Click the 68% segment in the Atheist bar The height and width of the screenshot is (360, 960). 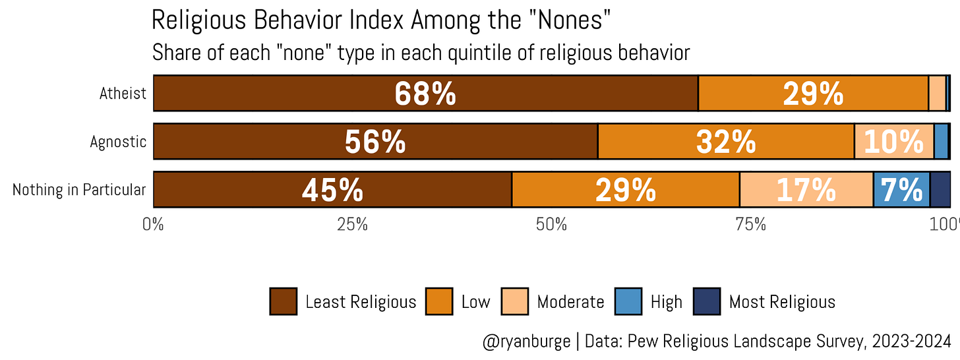pos(425,93)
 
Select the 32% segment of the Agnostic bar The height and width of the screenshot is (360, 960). pos(726,141)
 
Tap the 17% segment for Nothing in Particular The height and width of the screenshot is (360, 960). pos(806,189)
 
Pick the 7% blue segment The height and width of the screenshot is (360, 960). pos(902,189)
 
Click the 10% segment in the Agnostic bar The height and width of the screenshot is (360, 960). pos(894,141)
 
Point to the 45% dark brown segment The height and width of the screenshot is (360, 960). pos(332,189)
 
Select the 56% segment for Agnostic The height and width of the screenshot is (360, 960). pos(375,141)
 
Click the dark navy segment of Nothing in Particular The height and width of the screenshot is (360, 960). pos(940,189)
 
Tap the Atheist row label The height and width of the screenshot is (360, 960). pos(123,93)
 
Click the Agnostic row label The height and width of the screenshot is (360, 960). pos(118,141)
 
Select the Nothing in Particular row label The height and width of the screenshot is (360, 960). pos(79,189)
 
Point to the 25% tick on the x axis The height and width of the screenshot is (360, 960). pos(352,224)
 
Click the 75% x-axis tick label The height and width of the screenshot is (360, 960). pos(751,224)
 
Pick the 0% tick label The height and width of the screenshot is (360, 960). pos(153,224)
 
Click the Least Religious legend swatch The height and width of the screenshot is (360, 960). pos(284,302)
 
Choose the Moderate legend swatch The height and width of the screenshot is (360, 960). pos(514,302)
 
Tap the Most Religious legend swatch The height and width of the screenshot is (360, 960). pos(707,302)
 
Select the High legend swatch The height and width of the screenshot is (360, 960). pos(628,302)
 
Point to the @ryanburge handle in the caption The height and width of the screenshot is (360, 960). pos(526,342)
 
